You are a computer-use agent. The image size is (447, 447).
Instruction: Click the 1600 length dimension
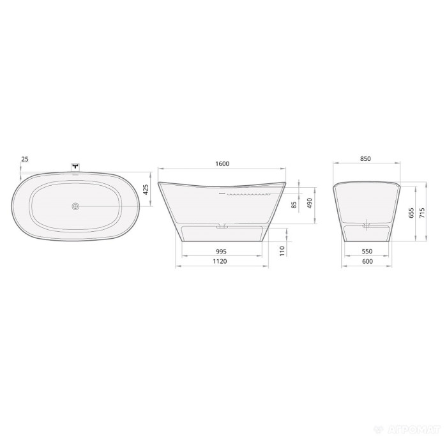[222, 163]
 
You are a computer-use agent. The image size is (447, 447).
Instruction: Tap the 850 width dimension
[365, 159]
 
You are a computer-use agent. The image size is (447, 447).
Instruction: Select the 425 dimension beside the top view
[146, 190]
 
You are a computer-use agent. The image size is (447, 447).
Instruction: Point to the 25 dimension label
[25, 159]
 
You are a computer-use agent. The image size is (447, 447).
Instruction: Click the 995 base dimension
[221, 252]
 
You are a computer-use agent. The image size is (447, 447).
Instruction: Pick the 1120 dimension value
[220, 261]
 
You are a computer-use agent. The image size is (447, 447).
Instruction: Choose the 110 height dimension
[282, 251]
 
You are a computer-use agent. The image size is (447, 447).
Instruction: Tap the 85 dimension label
[294, 205]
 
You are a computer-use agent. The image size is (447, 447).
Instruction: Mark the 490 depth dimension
[310, 203]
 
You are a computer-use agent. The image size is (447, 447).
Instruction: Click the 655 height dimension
[411, 213]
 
